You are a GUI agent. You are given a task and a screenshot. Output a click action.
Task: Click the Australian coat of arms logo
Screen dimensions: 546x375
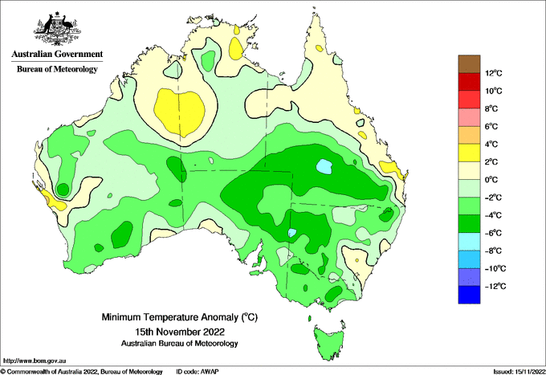pyautogui.click(x=58, y=29)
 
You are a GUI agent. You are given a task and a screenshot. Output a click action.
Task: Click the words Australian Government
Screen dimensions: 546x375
pyautogui.click(x=58, y=54)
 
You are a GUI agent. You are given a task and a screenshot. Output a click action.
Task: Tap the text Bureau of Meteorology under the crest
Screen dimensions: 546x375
pyautogui.click(x=58, y=69)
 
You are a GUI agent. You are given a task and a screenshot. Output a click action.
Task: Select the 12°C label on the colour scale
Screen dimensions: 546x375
pyautogui.click(x=494, y=73)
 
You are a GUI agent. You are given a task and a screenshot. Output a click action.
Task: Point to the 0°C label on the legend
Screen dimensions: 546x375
pyautogui.click(x=491, y=180)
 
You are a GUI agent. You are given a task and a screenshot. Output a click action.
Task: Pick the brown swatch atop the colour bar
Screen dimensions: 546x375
pyautogui.click(x=469, y=63)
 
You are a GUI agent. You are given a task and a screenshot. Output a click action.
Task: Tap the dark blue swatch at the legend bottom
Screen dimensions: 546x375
pyautogui.click(x=469, y=295)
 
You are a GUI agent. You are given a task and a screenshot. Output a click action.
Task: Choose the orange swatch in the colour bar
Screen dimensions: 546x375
pyautogui.click(x=469, y=135)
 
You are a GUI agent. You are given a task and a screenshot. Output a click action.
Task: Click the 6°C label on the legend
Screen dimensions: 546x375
pyautogui.click(x=491, y=126)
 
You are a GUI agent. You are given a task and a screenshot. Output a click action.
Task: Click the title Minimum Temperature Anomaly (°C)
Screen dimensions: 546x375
pyautogui.click(x=179, y=317)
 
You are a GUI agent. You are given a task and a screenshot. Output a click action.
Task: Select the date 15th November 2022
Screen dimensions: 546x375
pyautogui.click(x=180, y=331)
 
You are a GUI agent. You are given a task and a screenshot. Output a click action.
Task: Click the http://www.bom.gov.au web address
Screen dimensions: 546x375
pyautogui.click(x=34, y=361)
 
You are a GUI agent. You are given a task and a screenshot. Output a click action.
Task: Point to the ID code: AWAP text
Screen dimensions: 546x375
pyautogui.click(x=198, y=372)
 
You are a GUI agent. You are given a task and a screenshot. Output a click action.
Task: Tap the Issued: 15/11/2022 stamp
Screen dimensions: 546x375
pyautogui.click(x=519, y=372)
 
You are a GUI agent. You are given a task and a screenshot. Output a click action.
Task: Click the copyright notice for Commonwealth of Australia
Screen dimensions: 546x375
pyautogui.click(x=81, y=372)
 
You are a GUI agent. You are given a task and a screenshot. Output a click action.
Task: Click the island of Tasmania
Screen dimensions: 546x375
pyautogui.click(x=328, y=341)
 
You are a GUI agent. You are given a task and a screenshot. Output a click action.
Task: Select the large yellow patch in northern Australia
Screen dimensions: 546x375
pyautogui.click(x=179, y=112)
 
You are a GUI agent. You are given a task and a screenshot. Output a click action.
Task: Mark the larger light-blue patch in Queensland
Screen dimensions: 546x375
pyautogui.click(x=324, y=166)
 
